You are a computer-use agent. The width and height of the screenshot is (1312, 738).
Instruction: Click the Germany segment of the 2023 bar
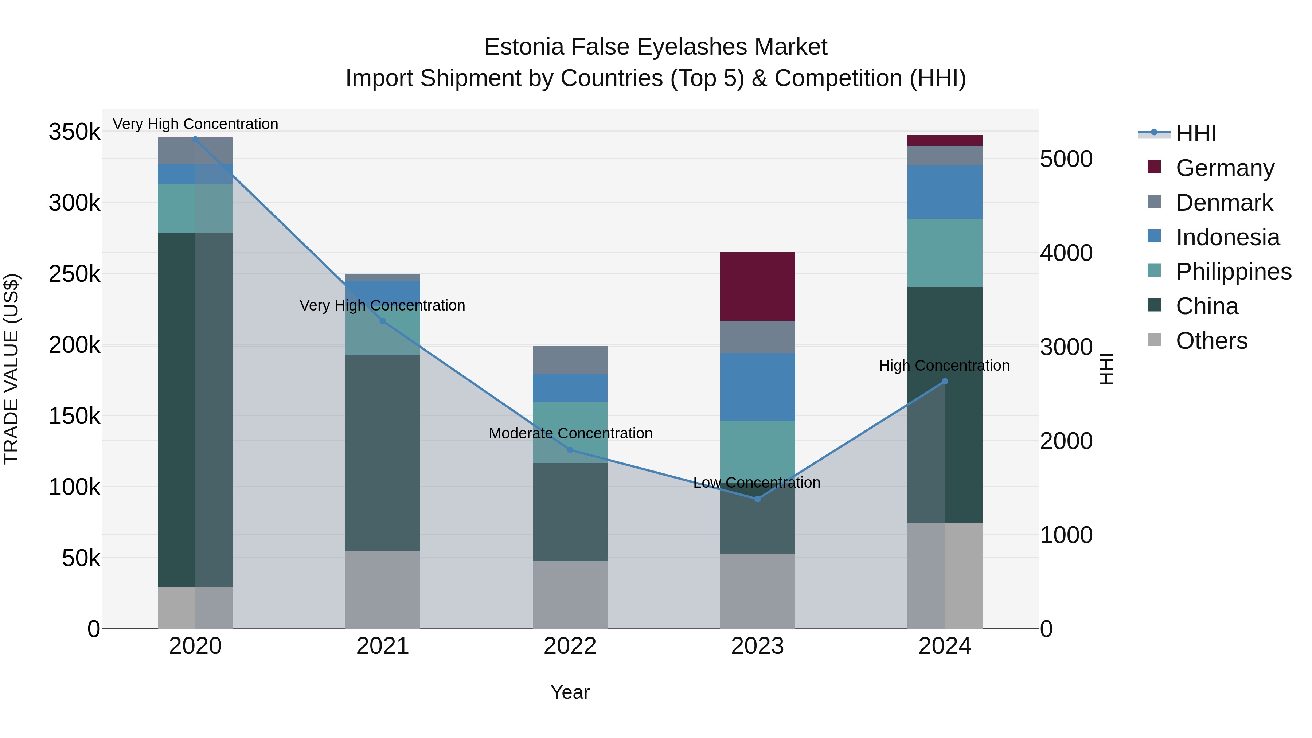(x=757, y=286)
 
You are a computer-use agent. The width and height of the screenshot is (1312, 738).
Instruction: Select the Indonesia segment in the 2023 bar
(x=757, y=387)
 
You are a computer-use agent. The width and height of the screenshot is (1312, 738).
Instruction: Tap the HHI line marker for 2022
(x=570, y=450)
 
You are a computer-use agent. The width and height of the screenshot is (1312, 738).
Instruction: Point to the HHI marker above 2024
(x=945, y=381)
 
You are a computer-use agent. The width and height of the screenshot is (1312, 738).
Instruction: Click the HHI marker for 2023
(x=757, y=499)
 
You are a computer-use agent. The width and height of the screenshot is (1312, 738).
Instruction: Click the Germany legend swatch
(x=1154, y=167)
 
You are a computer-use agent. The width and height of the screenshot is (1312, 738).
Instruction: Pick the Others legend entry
(x=1211, y=341)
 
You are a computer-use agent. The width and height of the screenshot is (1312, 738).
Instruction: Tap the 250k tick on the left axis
(x=74, y=274)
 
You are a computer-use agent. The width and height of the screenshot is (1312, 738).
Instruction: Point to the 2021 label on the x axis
(x=383, y=646)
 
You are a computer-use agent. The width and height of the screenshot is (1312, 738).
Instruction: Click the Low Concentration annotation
(x=757, y=482)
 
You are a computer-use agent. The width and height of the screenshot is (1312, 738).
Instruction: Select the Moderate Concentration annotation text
(x=570, y=433)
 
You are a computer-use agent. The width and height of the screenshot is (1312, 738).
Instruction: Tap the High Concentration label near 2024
(x=944, y=366)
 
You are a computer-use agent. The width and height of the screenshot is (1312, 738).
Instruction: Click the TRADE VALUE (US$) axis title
(x=11, y=369)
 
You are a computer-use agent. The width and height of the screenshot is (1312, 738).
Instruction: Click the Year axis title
(x=570, y=692)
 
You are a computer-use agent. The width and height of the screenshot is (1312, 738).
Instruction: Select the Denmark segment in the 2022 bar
(x=570, y=360)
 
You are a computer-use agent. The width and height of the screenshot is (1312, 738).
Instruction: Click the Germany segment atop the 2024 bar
(x=945, y=141)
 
